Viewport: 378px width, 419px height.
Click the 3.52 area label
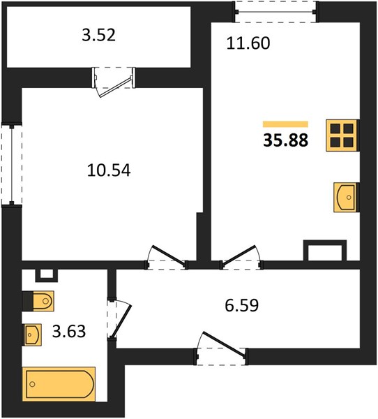99,35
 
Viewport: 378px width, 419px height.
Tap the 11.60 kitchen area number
248,43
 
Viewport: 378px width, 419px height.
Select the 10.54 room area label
109,170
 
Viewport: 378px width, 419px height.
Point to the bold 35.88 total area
286,140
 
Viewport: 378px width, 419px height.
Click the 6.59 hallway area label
242,305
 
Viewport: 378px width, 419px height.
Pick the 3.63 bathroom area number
69,331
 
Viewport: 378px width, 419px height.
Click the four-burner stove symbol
342,135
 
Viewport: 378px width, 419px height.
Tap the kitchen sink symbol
346,198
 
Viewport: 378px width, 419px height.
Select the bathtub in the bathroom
59,384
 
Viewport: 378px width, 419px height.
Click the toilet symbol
39,301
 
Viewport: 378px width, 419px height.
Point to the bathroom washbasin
32,335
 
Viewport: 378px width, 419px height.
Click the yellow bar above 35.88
285,124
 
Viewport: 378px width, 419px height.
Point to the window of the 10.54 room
11,165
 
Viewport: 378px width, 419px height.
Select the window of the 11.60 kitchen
275,12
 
